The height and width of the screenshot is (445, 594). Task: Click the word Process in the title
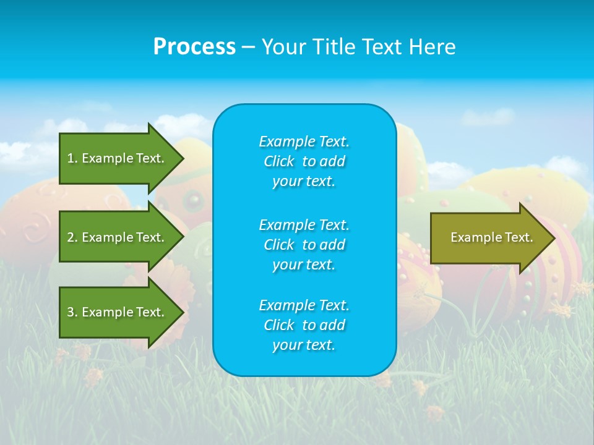(194, 47)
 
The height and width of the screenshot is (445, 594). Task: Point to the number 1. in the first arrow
(72, 158)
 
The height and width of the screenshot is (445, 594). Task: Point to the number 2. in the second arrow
(72, 237)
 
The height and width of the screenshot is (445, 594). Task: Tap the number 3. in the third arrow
(72, 312)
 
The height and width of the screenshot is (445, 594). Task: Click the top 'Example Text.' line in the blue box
(304, 142)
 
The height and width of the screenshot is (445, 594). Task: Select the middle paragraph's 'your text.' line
(304, 265)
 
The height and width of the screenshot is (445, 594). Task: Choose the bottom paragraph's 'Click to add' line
(304, 325)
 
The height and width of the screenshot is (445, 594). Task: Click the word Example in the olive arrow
(473, 237)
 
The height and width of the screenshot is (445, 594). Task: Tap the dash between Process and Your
(248, 47)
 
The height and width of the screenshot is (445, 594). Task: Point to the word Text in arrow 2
(148, 237)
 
